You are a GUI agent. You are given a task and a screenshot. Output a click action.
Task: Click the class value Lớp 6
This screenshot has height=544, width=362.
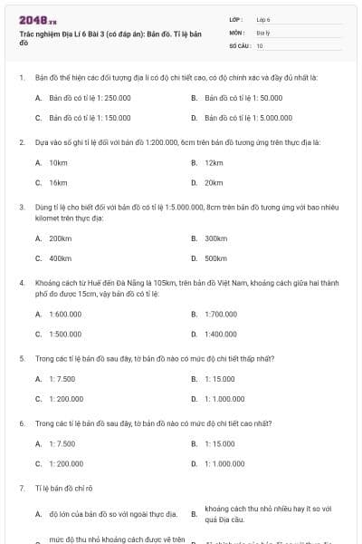263,19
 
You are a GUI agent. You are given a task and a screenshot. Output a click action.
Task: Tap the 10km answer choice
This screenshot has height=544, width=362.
58,162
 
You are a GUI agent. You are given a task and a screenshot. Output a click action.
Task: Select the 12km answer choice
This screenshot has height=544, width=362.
214,162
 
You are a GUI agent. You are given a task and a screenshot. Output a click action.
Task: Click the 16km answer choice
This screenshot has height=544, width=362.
58,182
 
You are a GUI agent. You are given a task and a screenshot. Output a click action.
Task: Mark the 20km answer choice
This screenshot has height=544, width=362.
214,182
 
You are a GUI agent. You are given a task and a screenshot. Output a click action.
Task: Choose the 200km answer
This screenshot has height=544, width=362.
60,238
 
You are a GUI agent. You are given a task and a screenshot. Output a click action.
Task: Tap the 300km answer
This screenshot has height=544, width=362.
215,238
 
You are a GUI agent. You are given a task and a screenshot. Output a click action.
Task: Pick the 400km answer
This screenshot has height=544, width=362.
60,258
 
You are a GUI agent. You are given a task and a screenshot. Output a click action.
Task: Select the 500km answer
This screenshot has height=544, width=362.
215,258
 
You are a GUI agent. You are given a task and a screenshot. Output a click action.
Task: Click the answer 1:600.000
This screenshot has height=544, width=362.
65,315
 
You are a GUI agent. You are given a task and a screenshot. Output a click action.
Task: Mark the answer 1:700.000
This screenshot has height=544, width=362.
221,315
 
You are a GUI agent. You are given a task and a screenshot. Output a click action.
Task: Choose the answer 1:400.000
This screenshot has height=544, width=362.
221,335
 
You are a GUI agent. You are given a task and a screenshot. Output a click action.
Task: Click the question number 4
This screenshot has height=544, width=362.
22,283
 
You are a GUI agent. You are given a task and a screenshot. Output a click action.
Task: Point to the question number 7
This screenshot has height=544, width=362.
22,488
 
